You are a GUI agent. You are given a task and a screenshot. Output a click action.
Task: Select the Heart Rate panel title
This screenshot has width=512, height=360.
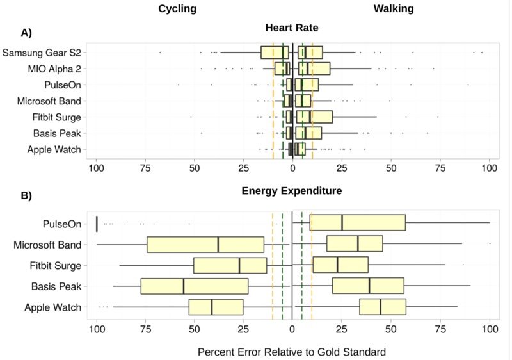(292, 28)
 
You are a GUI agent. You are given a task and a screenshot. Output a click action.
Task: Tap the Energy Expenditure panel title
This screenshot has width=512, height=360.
(292, 191)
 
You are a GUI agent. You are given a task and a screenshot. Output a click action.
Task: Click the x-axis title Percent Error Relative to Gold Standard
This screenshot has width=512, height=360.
(292, 352)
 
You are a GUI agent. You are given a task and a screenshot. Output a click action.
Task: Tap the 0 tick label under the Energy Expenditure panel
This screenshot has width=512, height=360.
(292, 329)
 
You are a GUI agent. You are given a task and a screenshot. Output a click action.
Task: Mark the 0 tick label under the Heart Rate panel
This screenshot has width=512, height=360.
(292, 168)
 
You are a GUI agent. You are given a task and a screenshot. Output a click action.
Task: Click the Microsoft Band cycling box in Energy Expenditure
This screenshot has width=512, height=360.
(205, 245)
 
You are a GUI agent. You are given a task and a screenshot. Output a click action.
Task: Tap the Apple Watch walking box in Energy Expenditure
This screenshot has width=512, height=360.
(383, 307)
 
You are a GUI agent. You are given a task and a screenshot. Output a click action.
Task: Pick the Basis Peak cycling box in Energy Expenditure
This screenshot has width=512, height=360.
(194, 286)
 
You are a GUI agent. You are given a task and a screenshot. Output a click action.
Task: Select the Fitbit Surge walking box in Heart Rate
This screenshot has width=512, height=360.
(314, 117)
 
